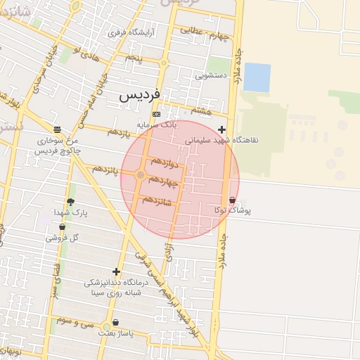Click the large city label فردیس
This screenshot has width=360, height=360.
click(x=140, y=94)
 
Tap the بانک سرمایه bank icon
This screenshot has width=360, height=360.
click(x=156, y=115)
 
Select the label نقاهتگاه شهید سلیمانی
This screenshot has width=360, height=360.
click(x=222, y=140)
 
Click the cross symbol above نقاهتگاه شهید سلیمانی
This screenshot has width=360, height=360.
click(x=222, y=129)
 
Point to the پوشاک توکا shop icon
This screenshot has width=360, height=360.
click(x=232, y=200)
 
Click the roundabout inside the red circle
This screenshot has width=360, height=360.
click(x=141, y=174)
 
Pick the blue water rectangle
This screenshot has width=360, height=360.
click(x=257, y=77)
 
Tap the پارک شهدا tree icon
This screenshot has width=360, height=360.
click(x=70, y=202)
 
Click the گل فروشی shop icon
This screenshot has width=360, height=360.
click(x=62, y=227)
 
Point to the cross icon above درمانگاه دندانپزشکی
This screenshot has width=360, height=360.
click(x=116, y=271)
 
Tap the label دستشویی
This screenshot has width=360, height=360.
click(x=211, y=75)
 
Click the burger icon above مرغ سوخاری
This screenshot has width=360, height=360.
click(x=56, y=129)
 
